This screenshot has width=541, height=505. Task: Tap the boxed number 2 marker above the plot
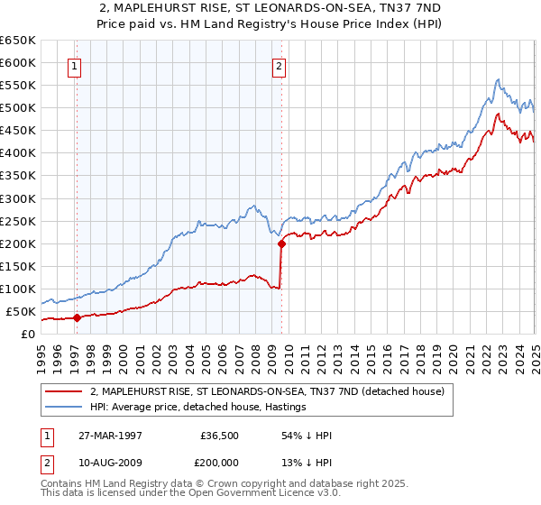(280, 65)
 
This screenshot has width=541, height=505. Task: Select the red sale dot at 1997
(77, 317)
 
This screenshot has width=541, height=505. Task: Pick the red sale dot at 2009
(281, 243)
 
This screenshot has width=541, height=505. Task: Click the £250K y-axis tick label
(18, 221)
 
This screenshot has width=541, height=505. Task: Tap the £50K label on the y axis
(21, 311)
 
